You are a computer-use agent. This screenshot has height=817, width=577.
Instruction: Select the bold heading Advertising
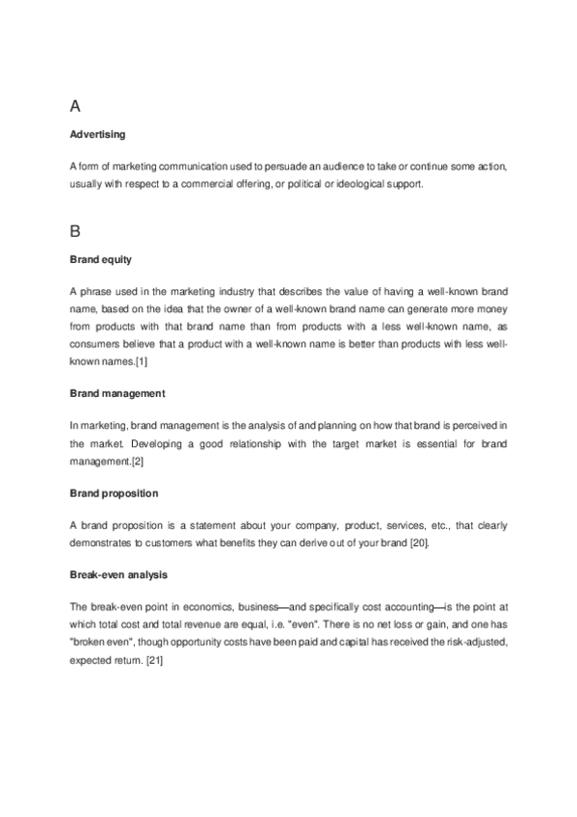(98, 134)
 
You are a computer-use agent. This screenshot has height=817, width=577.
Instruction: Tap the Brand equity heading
(101, 260)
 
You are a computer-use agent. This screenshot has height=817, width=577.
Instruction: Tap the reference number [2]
(137, 461)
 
